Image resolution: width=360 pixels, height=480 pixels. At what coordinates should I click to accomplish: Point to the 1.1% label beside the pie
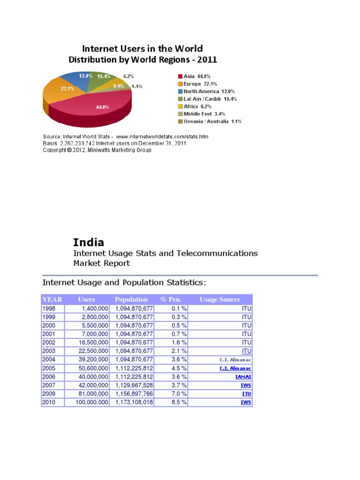137,86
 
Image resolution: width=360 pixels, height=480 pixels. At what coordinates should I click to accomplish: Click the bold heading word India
89,242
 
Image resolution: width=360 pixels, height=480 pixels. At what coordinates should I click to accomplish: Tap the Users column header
86,300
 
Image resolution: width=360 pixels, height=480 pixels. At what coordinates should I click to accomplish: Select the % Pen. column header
171,300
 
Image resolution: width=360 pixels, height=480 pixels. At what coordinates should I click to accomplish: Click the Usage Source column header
219,300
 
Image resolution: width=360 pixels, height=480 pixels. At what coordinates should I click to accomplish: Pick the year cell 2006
49,377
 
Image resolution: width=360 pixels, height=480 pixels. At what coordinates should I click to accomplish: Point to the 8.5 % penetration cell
178,402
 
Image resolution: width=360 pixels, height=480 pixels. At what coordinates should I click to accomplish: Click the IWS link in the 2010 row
246,402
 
